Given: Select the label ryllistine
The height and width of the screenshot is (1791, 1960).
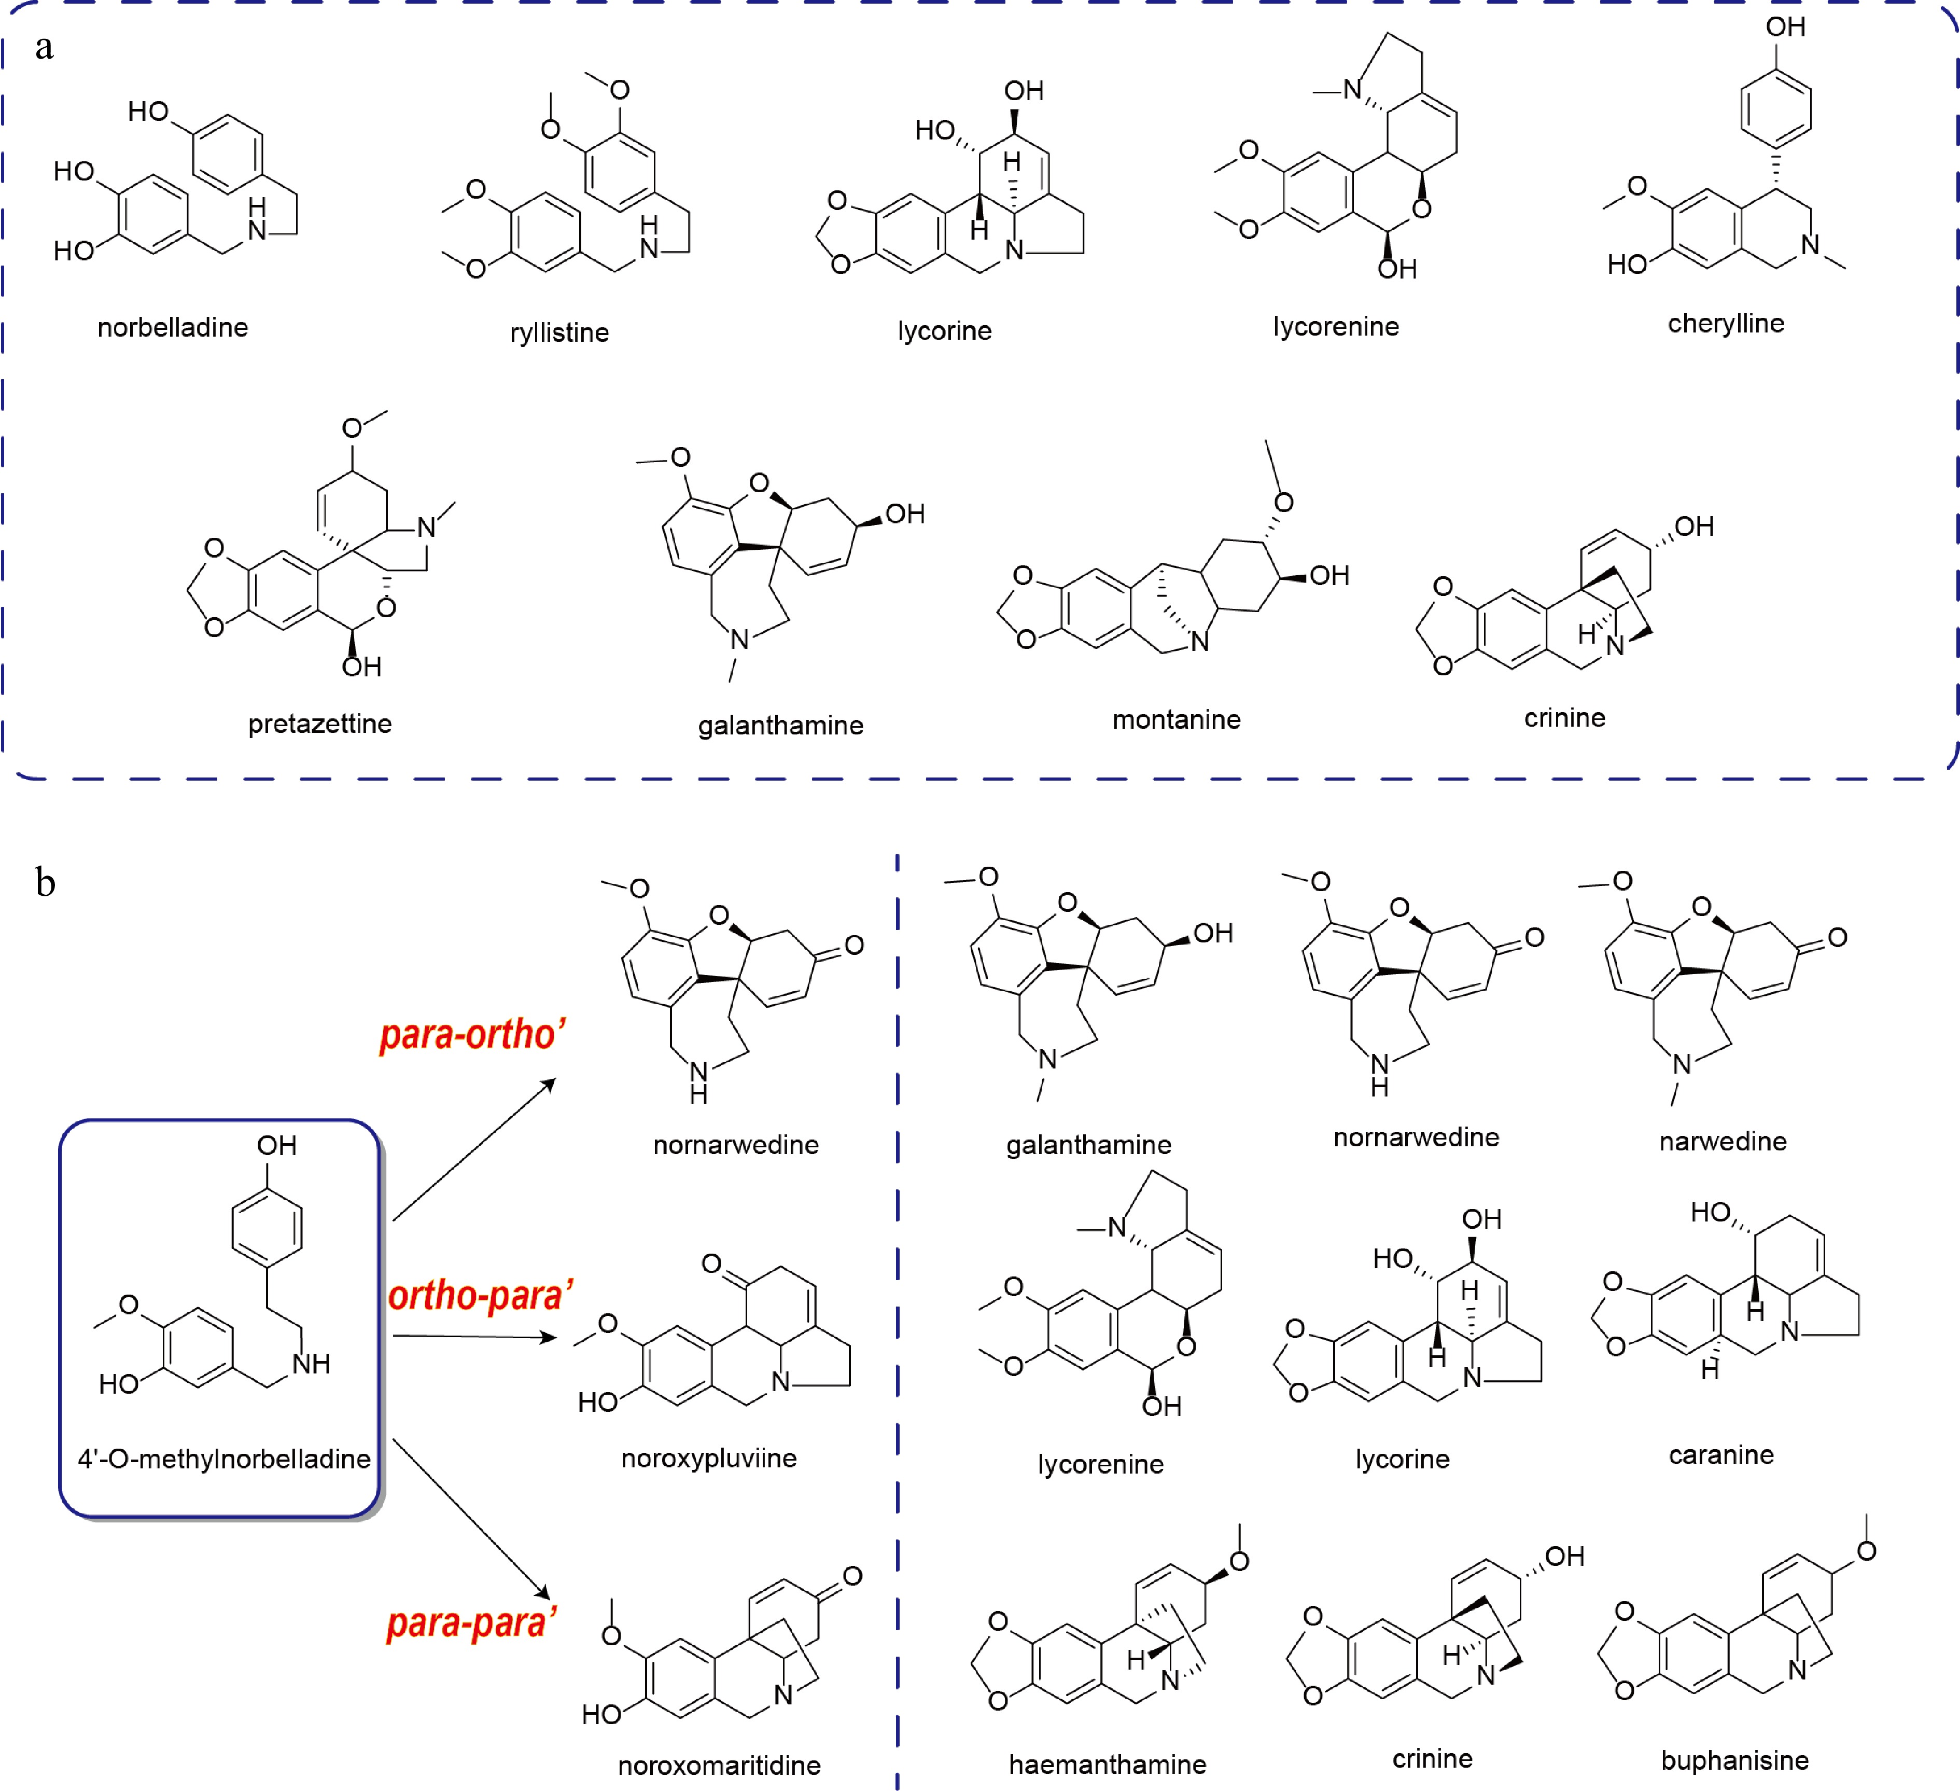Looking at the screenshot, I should [559, 332].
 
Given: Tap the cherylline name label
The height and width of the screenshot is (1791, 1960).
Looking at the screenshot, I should [1726, 324].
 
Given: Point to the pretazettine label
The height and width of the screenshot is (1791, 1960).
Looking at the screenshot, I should [320, 724].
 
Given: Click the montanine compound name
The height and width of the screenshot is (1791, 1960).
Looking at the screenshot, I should [1177, 719].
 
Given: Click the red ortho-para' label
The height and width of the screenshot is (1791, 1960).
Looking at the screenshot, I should [480, 1295].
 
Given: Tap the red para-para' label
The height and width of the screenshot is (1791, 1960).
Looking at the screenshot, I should [471, 1623].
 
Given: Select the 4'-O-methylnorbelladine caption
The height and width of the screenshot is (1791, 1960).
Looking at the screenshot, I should [223, 1459].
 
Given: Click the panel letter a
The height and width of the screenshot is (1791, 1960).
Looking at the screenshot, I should [44, 47].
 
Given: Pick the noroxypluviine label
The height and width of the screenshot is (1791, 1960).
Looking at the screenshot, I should [709, 1457].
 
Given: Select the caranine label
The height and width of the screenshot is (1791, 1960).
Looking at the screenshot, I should [1721, 1454].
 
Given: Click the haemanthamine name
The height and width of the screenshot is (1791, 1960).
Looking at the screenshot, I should [1108, 1764].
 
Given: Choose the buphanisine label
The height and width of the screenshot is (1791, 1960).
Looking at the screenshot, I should [1734, 1760].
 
